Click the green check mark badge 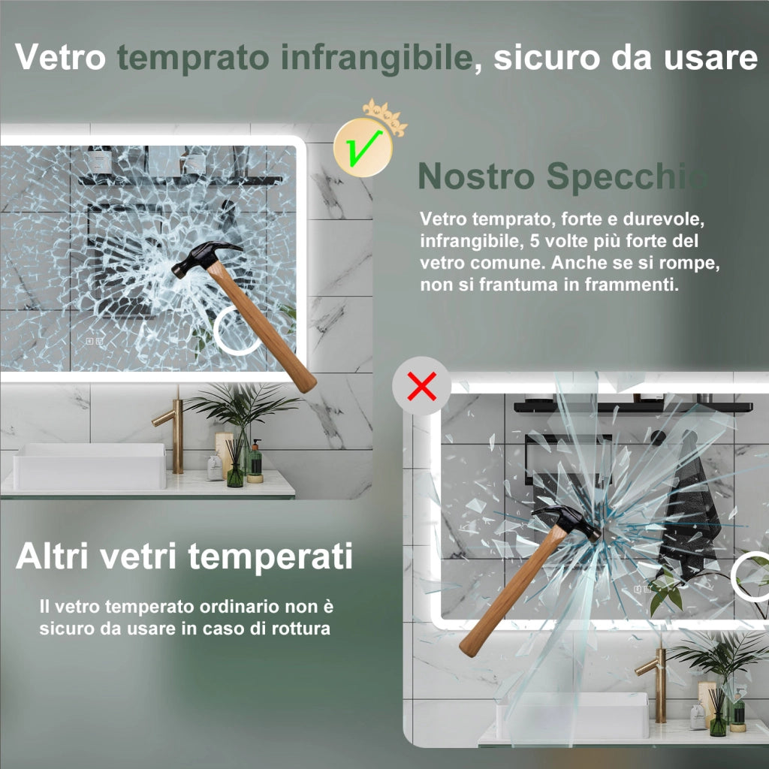coord(363,147)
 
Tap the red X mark coord(422,387)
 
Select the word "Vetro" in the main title coord(60,57)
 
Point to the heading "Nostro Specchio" coord(563,176)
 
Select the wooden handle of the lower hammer coord(512,591)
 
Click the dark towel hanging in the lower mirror coord(689,520)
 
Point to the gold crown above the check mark coord(385,116)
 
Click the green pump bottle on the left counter coord(254,461)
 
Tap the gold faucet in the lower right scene coord(655,684)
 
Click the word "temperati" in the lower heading coord(270,557)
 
